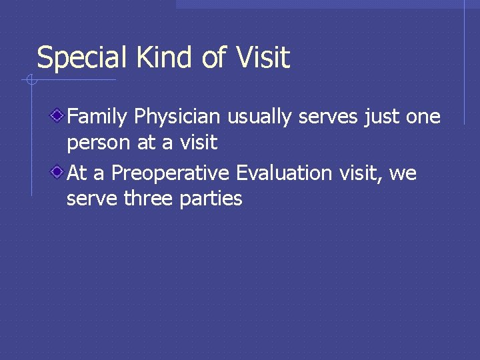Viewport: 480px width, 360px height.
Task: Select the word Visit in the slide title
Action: point(263,58)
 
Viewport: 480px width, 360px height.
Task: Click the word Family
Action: point(97,117)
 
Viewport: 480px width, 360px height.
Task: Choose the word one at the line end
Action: point(423,117)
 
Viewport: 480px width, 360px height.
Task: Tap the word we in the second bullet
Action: point(402,174)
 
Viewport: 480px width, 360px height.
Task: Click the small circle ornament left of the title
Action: point(31,81)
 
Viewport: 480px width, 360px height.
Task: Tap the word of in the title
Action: point(213,58)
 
